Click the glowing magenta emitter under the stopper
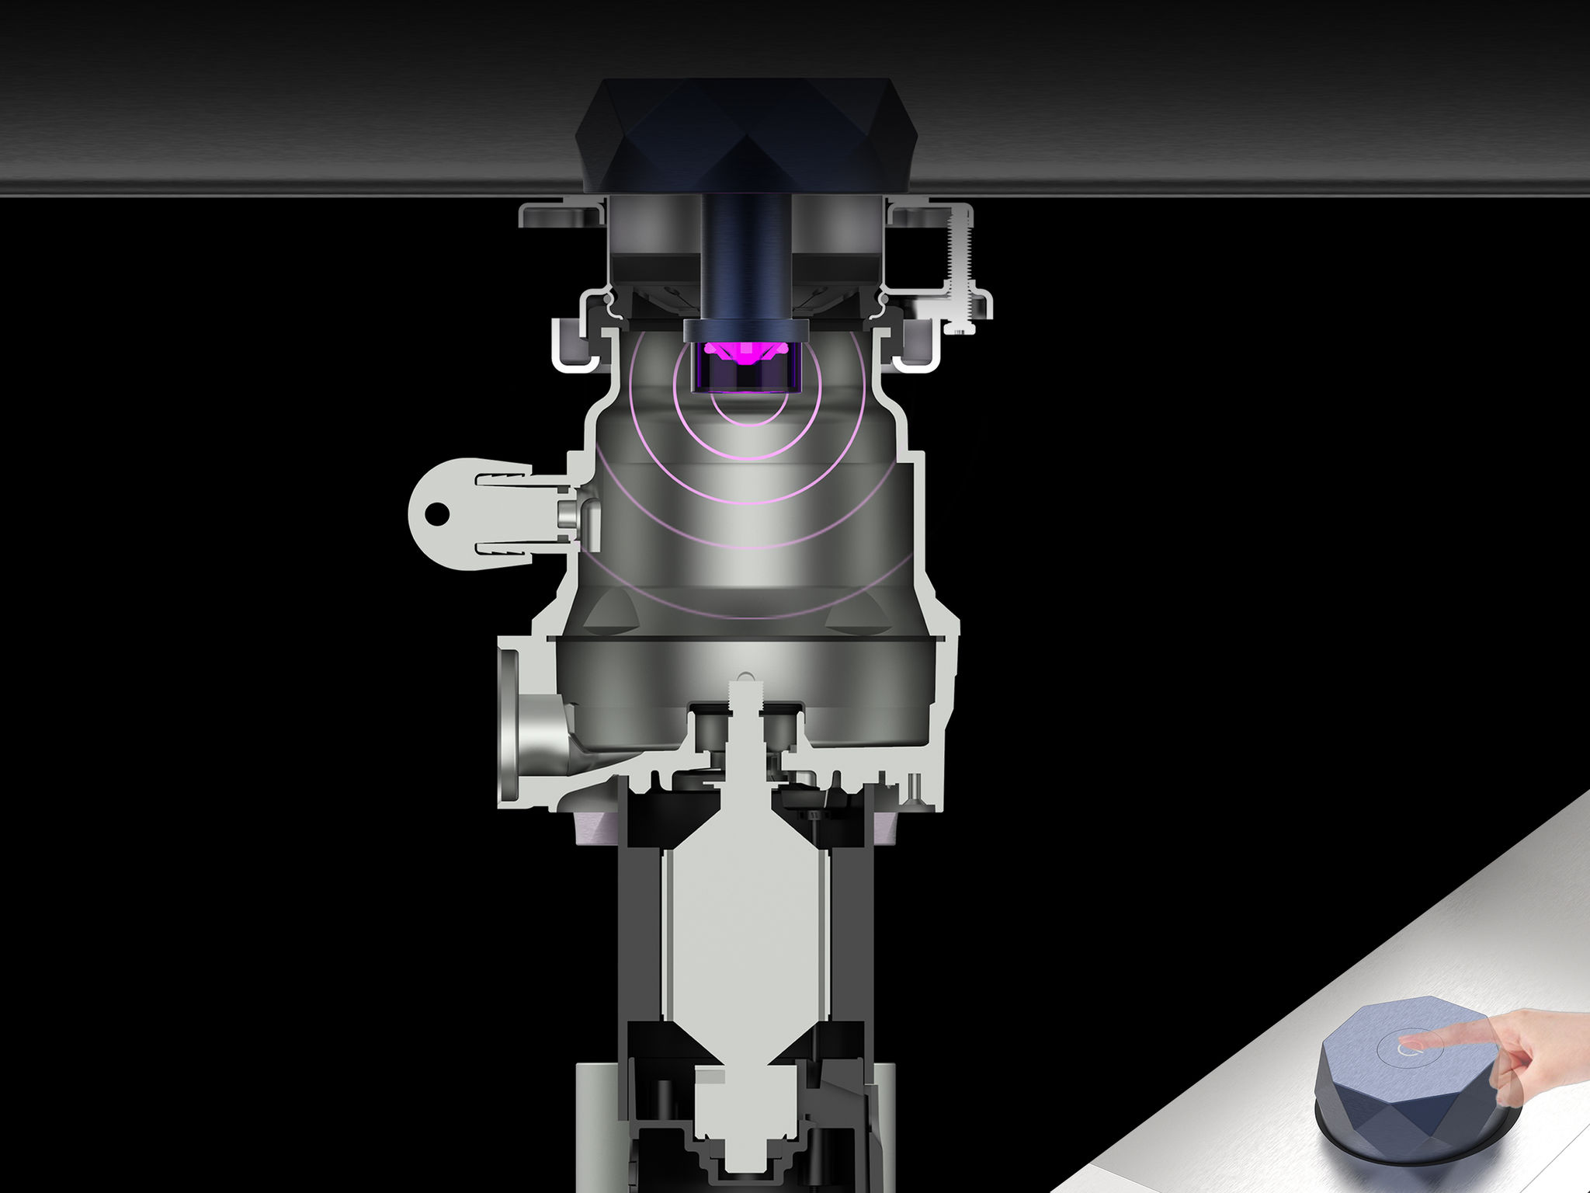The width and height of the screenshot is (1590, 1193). click(x=743, y=354)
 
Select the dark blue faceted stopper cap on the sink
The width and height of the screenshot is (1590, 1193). click(x=745, y=132)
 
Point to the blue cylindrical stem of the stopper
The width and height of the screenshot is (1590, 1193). click(x=746, y=256)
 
